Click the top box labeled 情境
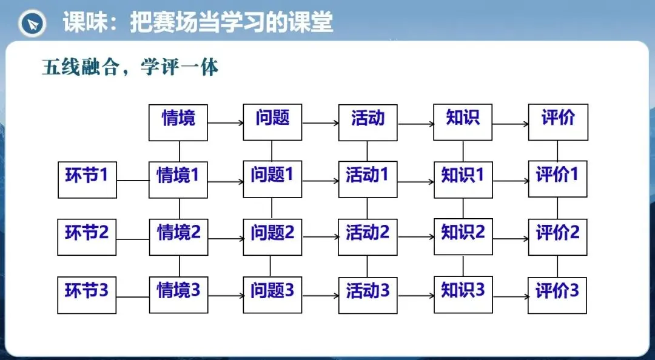point(178,122)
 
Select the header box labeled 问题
point(272,122)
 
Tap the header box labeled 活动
point(368,122)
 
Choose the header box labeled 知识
point(462,122)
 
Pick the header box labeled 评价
point(558,122)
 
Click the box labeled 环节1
point(87,179)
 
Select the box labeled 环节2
point(87,237)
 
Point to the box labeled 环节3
point(87,295)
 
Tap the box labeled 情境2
point(178,237)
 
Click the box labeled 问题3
point(272,295)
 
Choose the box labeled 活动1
point(368,179)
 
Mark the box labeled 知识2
point(463,236)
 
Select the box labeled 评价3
point(557,295)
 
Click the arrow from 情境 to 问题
point(226,123)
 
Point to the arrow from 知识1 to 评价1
point(511,181)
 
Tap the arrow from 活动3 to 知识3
point(415,296)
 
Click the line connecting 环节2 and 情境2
point(133,239)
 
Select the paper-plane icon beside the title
point(33,24)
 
